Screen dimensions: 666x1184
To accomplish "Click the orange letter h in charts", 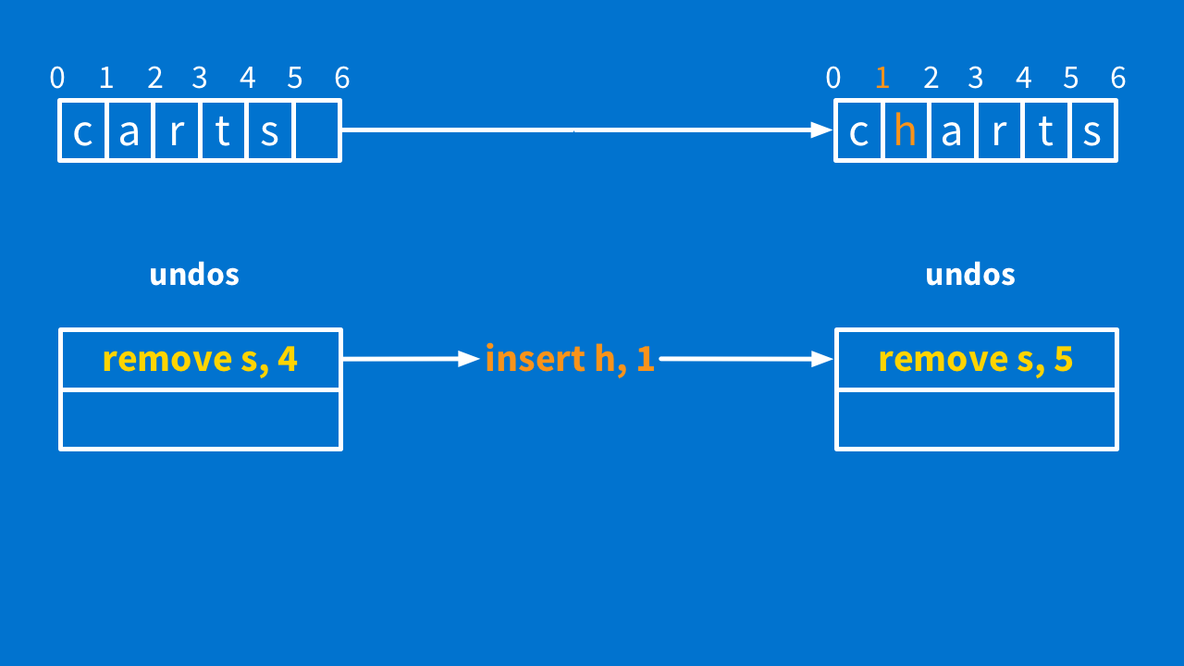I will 906,131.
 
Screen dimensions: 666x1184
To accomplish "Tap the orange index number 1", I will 882,79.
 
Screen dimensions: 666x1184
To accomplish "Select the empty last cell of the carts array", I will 317,131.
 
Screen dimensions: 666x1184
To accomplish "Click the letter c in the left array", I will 83,131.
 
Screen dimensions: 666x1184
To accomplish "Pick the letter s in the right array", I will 1092,131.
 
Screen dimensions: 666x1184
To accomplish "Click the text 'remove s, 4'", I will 200,359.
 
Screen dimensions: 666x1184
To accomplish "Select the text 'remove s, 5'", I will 976,359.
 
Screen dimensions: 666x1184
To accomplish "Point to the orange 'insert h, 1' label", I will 570,359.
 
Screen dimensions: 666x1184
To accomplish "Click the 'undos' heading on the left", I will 194,275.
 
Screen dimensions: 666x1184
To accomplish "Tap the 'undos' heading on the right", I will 970,275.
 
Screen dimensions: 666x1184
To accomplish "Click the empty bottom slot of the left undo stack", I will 201,420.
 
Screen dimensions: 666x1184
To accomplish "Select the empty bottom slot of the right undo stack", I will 977,420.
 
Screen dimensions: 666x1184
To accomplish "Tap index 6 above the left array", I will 342,79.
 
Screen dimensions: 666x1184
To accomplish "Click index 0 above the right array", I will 833,79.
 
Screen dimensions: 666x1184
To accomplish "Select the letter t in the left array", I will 223,131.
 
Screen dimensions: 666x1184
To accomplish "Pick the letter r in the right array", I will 999,131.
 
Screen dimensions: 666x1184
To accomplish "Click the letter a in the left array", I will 129,131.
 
